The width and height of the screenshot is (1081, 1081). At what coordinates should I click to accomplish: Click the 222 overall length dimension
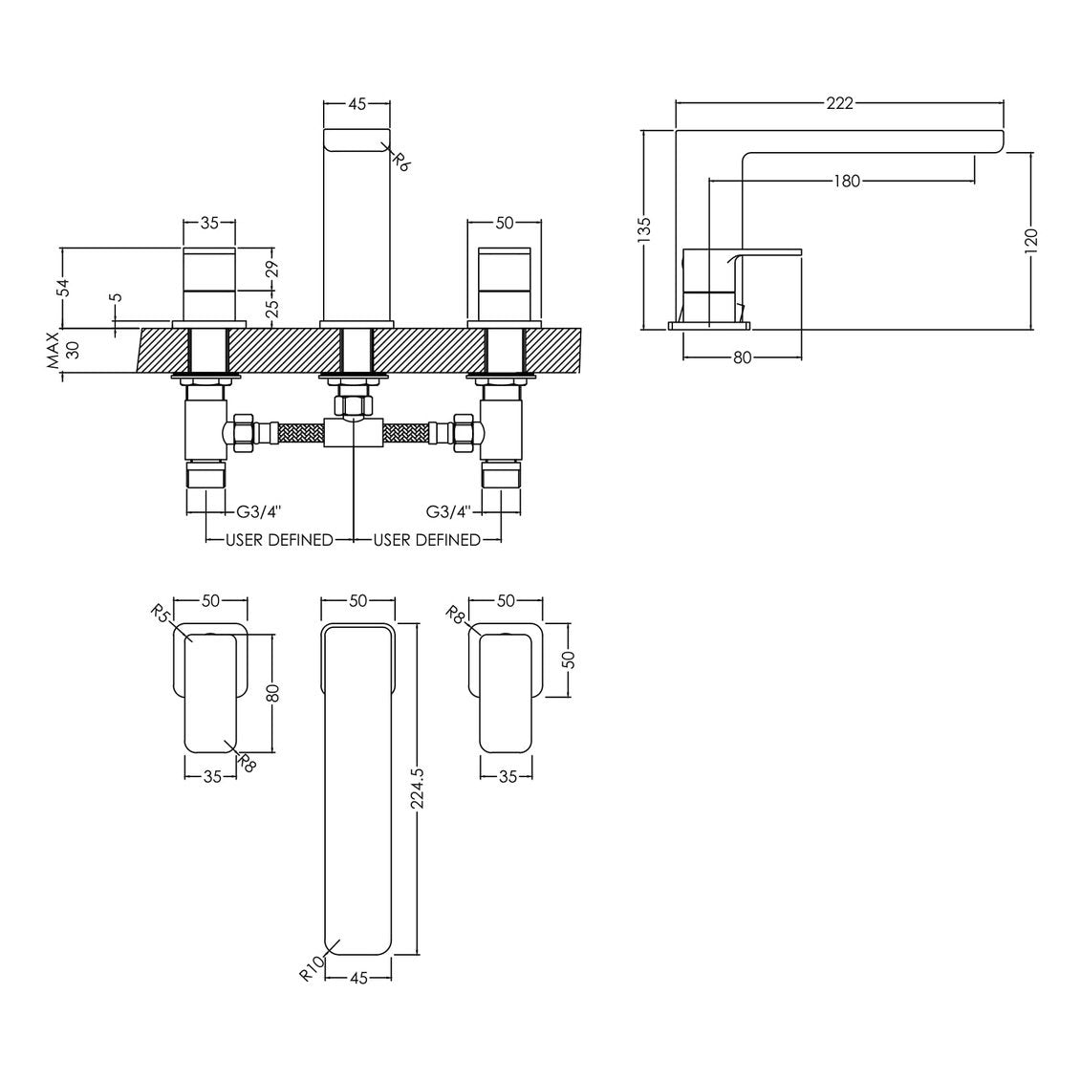click(839, 103)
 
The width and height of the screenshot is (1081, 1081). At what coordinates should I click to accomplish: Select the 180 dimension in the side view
click(847, 182)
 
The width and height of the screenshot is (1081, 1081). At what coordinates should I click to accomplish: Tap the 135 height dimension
click(644, 230)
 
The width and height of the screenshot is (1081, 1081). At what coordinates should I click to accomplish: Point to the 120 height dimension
click(1031, 241)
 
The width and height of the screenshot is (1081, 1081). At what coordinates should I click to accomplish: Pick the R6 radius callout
click(402, 162)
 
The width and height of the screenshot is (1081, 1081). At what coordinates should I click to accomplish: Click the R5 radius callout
click(160, 613)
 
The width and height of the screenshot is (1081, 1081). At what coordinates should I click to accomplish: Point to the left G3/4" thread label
click(258, 511)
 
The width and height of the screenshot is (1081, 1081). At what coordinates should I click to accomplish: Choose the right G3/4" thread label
click(448, 511)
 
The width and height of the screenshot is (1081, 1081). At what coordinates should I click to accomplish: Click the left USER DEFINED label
click(279, 540)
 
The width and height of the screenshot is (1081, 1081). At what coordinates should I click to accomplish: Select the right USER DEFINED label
click(426, 540)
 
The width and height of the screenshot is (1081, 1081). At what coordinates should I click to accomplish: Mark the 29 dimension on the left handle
click(271, 269)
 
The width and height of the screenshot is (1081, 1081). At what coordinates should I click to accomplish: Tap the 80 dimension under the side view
click(742, 357)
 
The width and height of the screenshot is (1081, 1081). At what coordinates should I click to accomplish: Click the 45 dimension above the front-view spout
click(357, 104)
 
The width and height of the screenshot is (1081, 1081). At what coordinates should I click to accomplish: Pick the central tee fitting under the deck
click(354, 433)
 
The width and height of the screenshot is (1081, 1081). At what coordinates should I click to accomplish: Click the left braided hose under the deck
click(300, 432)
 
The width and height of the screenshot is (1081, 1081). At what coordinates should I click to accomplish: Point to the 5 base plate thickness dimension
click(118, 298)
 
